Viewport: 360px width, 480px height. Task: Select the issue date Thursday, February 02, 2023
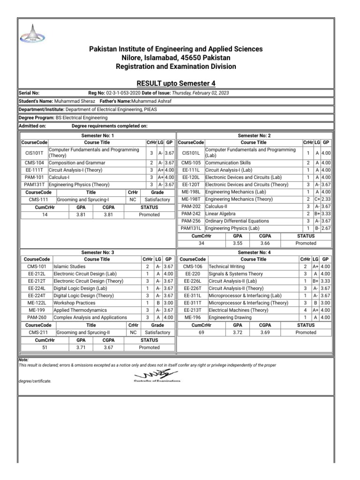(x=201, y=93)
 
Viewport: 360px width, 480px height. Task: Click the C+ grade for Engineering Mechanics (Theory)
(x=317, y=199)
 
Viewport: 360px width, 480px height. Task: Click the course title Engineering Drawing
(x=229, y=317)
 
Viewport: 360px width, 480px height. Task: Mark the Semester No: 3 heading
(x=97, y=252)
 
